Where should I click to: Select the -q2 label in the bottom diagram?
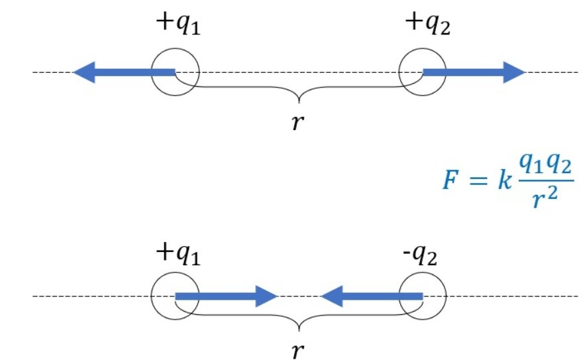423,254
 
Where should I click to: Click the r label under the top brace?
299,123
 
